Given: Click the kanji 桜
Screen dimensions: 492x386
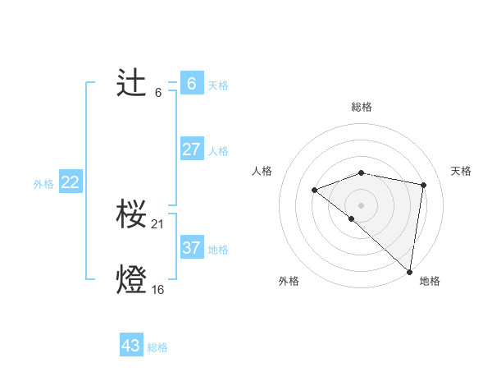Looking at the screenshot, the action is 132,215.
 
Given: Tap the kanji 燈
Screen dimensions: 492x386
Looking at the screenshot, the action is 132,280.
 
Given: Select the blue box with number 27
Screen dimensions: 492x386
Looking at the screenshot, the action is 191,149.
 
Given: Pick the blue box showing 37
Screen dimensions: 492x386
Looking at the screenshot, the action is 191,247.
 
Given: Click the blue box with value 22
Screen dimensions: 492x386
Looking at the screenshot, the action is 70,182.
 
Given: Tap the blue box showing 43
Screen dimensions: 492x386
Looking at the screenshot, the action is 130,346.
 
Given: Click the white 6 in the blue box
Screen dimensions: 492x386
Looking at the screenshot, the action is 191,83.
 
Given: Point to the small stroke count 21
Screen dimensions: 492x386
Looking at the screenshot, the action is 158,224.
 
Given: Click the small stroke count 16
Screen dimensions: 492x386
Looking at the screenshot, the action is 158,290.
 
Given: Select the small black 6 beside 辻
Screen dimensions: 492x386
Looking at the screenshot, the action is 158,92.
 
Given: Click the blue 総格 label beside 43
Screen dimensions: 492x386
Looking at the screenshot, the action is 157,347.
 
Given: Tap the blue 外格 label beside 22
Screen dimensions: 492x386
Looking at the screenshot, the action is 43,184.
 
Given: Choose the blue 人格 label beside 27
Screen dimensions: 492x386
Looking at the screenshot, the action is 218,151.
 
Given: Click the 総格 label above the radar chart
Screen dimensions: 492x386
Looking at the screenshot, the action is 362,107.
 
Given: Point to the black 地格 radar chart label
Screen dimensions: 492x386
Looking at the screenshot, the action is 430,281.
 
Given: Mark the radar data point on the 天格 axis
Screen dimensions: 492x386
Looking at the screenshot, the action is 423,185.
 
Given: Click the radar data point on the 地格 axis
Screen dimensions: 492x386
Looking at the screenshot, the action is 409,271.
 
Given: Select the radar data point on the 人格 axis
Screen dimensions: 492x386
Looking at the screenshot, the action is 314,190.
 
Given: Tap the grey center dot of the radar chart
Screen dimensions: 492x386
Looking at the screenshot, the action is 362,204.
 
